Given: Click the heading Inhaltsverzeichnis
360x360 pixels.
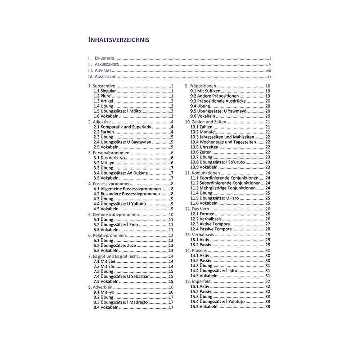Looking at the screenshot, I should pyautogui.click(x=119, y=40).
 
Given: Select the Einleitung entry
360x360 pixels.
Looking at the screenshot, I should pyautogui.click(x=104, y=58).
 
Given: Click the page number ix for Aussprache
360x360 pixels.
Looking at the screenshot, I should pyautogui.click(x=269, y=77).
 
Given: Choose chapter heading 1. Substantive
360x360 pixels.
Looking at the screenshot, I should pyautogui.click(x=102, y=86).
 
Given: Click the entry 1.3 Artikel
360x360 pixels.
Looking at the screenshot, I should pyautogui.click(x=103, y=101).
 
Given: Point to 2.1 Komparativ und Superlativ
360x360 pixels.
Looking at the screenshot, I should pyautogui.click(x=122, y=127).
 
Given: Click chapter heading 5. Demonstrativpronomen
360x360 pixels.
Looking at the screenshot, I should pyautogui.click(x=113, y=215).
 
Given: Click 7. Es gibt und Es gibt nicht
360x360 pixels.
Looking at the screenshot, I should pyautogui.click(x=113, y=256).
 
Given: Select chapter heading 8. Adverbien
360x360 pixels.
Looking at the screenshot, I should pyautogui.click(x=100, y=287).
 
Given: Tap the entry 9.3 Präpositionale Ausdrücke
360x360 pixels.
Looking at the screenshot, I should pyautogui.click(x=219, y=101).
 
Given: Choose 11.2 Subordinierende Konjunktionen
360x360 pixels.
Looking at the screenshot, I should pyautogui.click(x=224, y=183).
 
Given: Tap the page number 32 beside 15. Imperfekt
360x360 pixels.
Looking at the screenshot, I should pyautogui.click(x=267, y=281).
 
